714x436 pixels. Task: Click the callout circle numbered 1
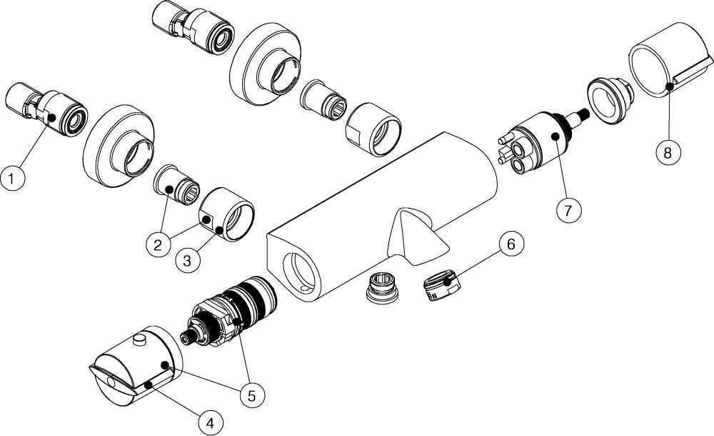click(12, 178)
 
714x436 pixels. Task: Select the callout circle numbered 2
click(158, 246)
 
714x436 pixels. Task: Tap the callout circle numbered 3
click(187, 262)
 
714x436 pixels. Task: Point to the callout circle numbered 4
click(210, 424)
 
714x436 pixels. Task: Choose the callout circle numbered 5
click(252, 395)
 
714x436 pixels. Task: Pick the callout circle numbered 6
click(511, 244)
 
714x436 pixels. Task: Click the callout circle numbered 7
click(568, 210)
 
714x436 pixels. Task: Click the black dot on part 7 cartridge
click(555, 136)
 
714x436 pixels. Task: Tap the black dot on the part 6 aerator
click(448, 283)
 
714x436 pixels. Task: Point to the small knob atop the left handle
click(139, 340)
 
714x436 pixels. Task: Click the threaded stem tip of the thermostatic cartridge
click(186, 338)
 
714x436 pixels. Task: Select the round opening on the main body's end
click(299, 273)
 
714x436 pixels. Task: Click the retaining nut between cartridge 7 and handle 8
click(609, 99)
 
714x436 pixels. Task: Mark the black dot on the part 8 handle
click(670, 86)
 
